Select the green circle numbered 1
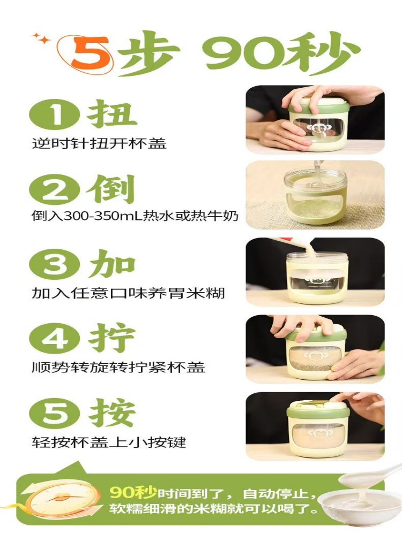(x=54, y=115)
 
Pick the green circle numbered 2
(x=54, y=190)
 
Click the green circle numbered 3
(x=54, y=265)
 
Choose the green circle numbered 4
(x=54, y=339)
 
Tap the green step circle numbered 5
(x=54, y=414)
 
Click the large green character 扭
(x=113, y=114)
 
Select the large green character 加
(x=112, y=263)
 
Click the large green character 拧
(x=113, y=338)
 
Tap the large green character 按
(x=113, y=412)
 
